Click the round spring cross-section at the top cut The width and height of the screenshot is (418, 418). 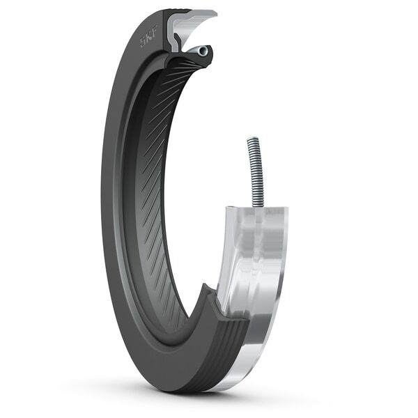[x=202, y=51]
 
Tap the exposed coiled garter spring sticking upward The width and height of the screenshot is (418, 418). [x=256, y=171]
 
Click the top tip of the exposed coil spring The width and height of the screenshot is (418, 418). [x=252, y=140]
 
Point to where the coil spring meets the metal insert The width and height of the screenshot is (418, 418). [x=258, y=205]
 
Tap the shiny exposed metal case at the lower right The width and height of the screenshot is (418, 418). [x=258, y=279]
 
